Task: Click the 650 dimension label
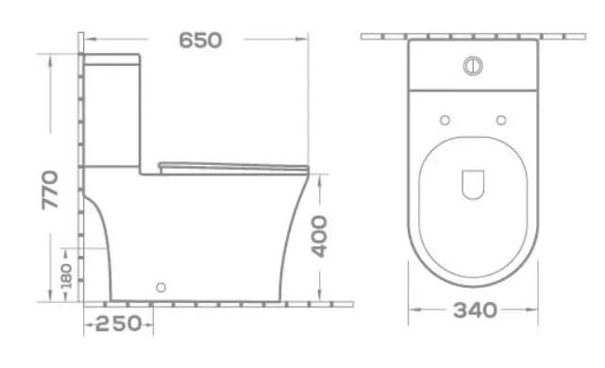(x=200, y=40)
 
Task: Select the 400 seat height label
(x=320, y=236)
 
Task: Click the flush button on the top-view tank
(x=473, y=66)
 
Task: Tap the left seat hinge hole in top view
(x=445, y=120)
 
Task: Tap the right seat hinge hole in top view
(x=501, y=120)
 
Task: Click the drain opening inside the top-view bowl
(x=473, y=184)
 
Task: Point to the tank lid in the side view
(x=112, y=59)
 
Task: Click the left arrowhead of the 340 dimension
(x=412, y=309)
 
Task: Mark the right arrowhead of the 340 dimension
(x=535, y=309)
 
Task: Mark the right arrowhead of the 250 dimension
(x=152, y=324)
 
